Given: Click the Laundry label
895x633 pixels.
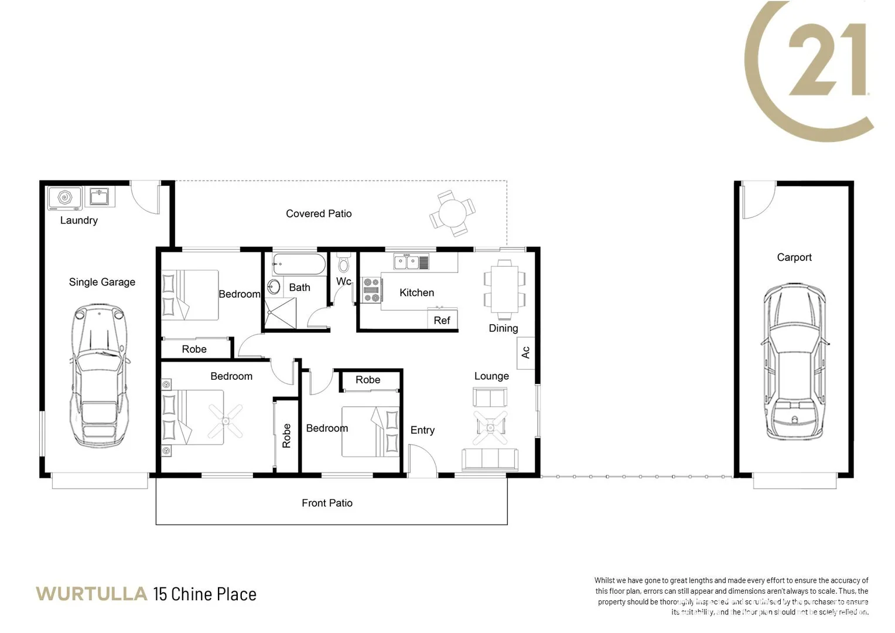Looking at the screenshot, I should (x=78, y=220).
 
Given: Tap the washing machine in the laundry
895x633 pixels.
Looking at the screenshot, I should (x=64, y=198).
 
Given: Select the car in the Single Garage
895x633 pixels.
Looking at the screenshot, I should (x=100, y=375).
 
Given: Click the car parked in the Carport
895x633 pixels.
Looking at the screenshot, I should (x=794, y=362).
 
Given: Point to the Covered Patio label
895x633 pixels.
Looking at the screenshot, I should (x=319, y=214).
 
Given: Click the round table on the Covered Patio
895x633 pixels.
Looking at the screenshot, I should (x=452, y=213).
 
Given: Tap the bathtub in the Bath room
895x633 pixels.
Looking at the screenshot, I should (x=299, y=265).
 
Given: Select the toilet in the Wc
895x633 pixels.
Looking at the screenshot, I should (x=344, y=263).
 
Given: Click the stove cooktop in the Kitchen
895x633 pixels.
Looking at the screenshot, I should (x=371, y=290).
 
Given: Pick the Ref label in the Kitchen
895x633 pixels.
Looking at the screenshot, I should (x=442, y=321).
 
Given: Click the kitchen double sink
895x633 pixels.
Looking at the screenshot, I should (x=411, y=261).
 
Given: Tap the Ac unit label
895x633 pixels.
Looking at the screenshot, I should (x=525, y=352).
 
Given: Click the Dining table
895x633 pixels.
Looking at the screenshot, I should (x=504, y=288).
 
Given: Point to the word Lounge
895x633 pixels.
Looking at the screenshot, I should (x=491, y=376).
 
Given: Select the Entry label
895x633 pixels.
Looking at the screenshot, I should (x=422, y=430).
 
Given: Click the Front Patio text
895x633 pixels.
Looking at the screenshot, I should (x=327, y=503).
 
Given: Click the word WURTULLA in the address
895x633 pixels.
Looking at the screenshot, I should (x=91, y=594).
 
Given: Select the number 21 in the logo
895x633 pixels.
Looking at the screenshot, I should (x=827, y=60).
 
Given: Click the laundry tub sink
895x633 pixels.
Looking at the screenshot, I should (x=100, y=196).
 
